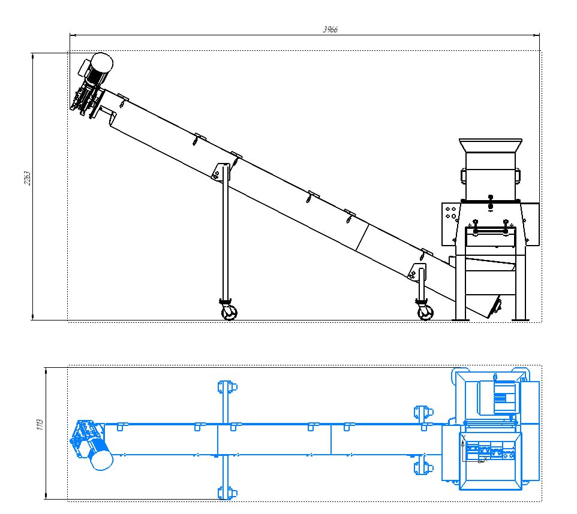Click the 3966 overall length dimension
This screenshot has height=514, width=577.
pos(330,30)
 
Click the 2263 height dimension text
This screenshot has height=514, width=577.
pos(27,178)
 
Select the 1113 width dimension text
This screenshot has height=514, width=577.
pos(40,424)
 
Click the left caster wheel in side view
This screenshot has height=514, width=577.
pos(229,313)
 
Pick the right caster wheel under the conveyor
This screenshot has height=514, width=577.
pos(425,313)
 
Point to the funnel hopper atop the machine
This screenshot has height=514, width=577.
pos(491,145)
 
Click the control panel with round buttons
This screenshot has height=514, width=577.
pos(450,223)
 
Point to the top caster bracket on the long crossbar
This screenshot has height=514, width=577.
pos(227,388)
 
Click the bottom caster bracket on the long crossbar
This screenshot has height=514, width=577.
pos(227,492)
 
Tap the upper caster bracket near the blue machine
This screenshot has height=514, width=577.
pos(423,413)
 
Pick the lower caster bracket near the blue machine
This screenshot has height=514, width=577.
pos(423,468)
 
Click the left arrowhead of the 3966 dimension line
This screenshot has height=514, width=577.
pos(73,35)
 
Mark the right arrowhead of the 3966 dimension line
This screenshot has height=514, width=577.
pos(537,35)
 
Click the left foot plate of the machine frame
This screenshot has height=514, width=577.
pos(461,320)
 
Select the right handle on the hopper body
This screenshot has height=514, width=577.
pos(518,175)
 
